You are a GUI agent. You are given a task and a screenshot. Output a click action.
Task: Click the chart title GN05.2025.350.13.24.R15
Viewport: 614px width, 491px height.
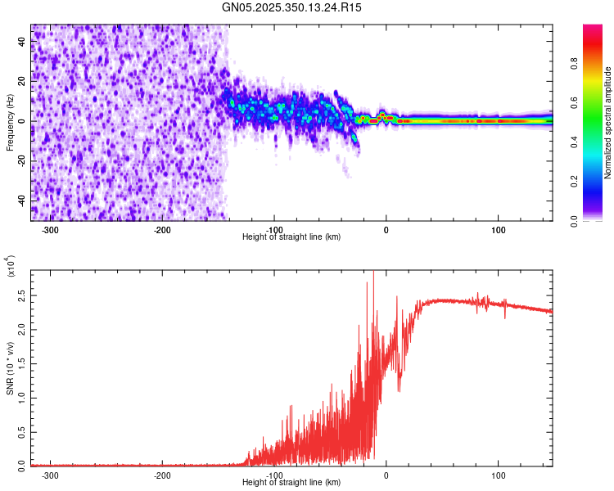click(292, 7)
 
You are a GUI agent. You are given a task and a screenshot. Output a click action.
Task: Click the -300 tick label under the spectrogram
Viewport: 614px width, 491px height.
click(50, 229)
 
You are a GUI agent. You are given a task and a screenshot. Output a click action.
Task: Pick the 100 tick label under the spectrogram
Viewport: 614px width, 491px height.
click(499, 229)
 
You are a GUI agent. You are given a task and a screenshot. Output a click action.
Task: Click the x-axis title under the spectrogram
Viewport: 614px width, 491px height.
click(292, 236)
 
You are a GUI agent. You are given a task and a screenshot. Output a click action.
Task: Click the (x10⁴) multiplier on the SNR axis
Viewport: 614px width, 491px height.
click(12, 268)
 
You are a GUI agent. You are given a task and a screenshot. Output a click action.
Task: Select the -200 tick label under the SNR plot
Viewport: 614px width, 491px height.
click(162, 475)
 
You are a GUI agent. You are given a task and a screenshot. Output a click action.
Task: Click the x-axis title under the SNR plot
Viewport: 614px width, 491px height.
click(292, 482)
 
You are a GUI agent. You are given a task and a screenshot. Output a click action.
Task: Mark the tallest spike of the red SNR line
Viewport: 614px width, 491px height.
click(373, 273)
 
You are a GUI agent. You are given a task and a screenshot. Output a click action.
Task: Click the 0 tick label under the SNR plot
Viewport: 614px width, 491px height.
click(386, 475)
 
